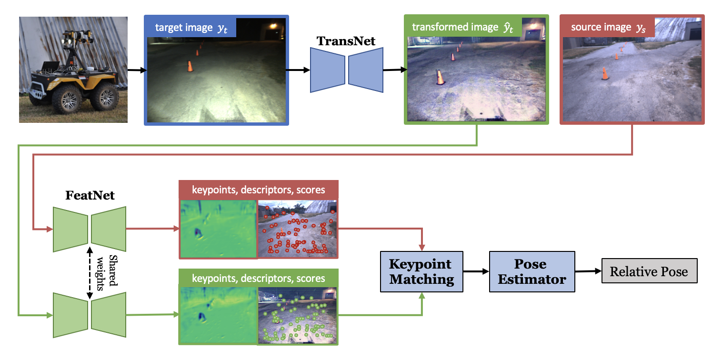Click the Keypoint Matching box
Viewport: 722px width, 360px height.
coord(421,271)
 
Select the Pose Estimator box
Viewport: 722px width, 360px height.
coord(531,271)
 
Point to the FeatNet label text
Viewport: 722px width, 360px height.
coord(90,195)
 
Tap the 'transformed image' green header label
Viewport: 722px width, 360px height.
coord(455,27)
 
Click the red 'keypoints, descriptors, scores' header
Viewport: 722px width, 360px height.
coord(259,190)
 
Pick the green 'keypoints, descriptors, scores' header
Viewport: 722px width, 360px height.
coord(259,278)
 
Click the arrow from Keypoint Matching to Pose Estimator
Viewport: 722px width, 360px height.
coord(476,271)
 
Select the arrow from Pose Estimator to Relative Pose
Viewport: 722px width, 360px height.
coord(588,271)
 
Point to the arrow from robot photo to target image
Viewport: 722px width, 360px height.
coord(136,70)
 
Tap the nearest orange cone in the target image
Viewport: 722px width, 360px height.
coord(190,66)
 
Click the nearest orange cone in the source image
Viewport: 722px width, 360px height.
coord(605,73)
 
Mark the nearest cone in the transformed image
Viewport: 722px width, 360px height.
coord(440,77)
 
